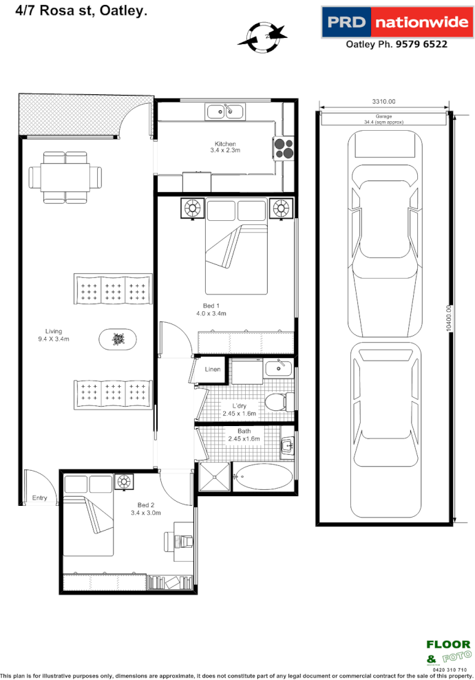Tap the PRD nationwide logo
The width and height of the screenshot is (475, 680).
tap(396, 23)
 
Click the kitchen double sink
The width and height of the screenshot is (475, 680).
tap(224, 110)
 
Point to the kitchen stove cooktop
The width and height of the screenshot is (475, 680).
tap(284, 148)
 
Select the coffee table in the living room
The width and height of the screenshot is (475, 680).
tap(118, 339)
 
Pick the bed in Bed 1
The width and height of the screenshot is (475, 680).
tap(235, 248)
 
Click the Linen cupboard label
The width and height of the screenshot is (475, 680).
tap(213, 370)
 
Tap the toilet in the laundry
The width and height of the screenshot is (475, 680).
tap(281, 401)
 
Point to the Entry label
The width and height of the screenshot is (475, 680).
tap(40, 498)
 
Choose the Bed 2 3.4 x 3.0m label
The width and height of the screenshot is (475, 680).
tap(145, 509)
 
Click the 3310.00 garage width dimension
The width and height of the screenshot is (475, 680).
tap(383, 102)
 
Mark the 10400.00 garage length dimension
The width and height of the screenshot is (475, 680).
tap(449, 317)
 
